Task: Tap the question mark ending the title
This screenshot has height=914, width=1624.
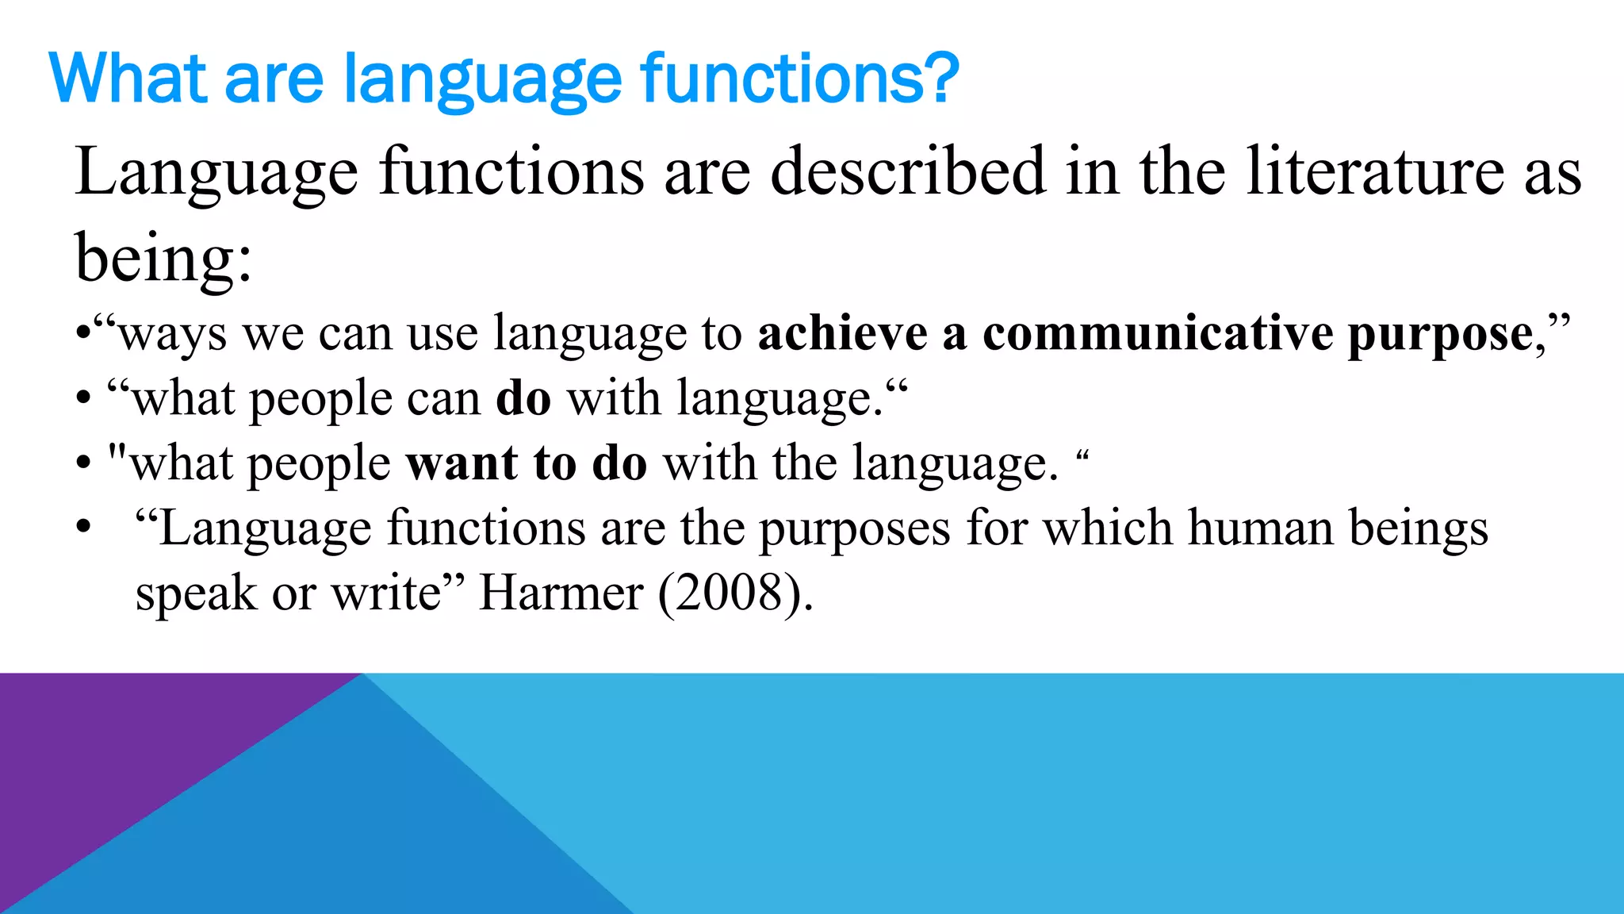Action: (x=941, y=79)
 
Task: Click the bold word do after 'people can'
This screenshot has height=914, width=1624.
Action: (x=523, y=398)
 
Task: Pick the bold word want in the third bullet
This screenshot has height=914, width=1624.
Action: (x=462, y=463)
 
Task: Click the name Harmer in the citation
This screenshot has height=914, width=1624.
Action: (x=561, y=593)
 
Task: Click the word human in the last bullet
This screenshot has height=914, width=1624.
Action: (x=1260, y=528)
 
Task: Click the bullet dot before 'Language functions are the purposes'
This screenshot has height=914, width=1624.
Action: (x=84, y=528)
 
